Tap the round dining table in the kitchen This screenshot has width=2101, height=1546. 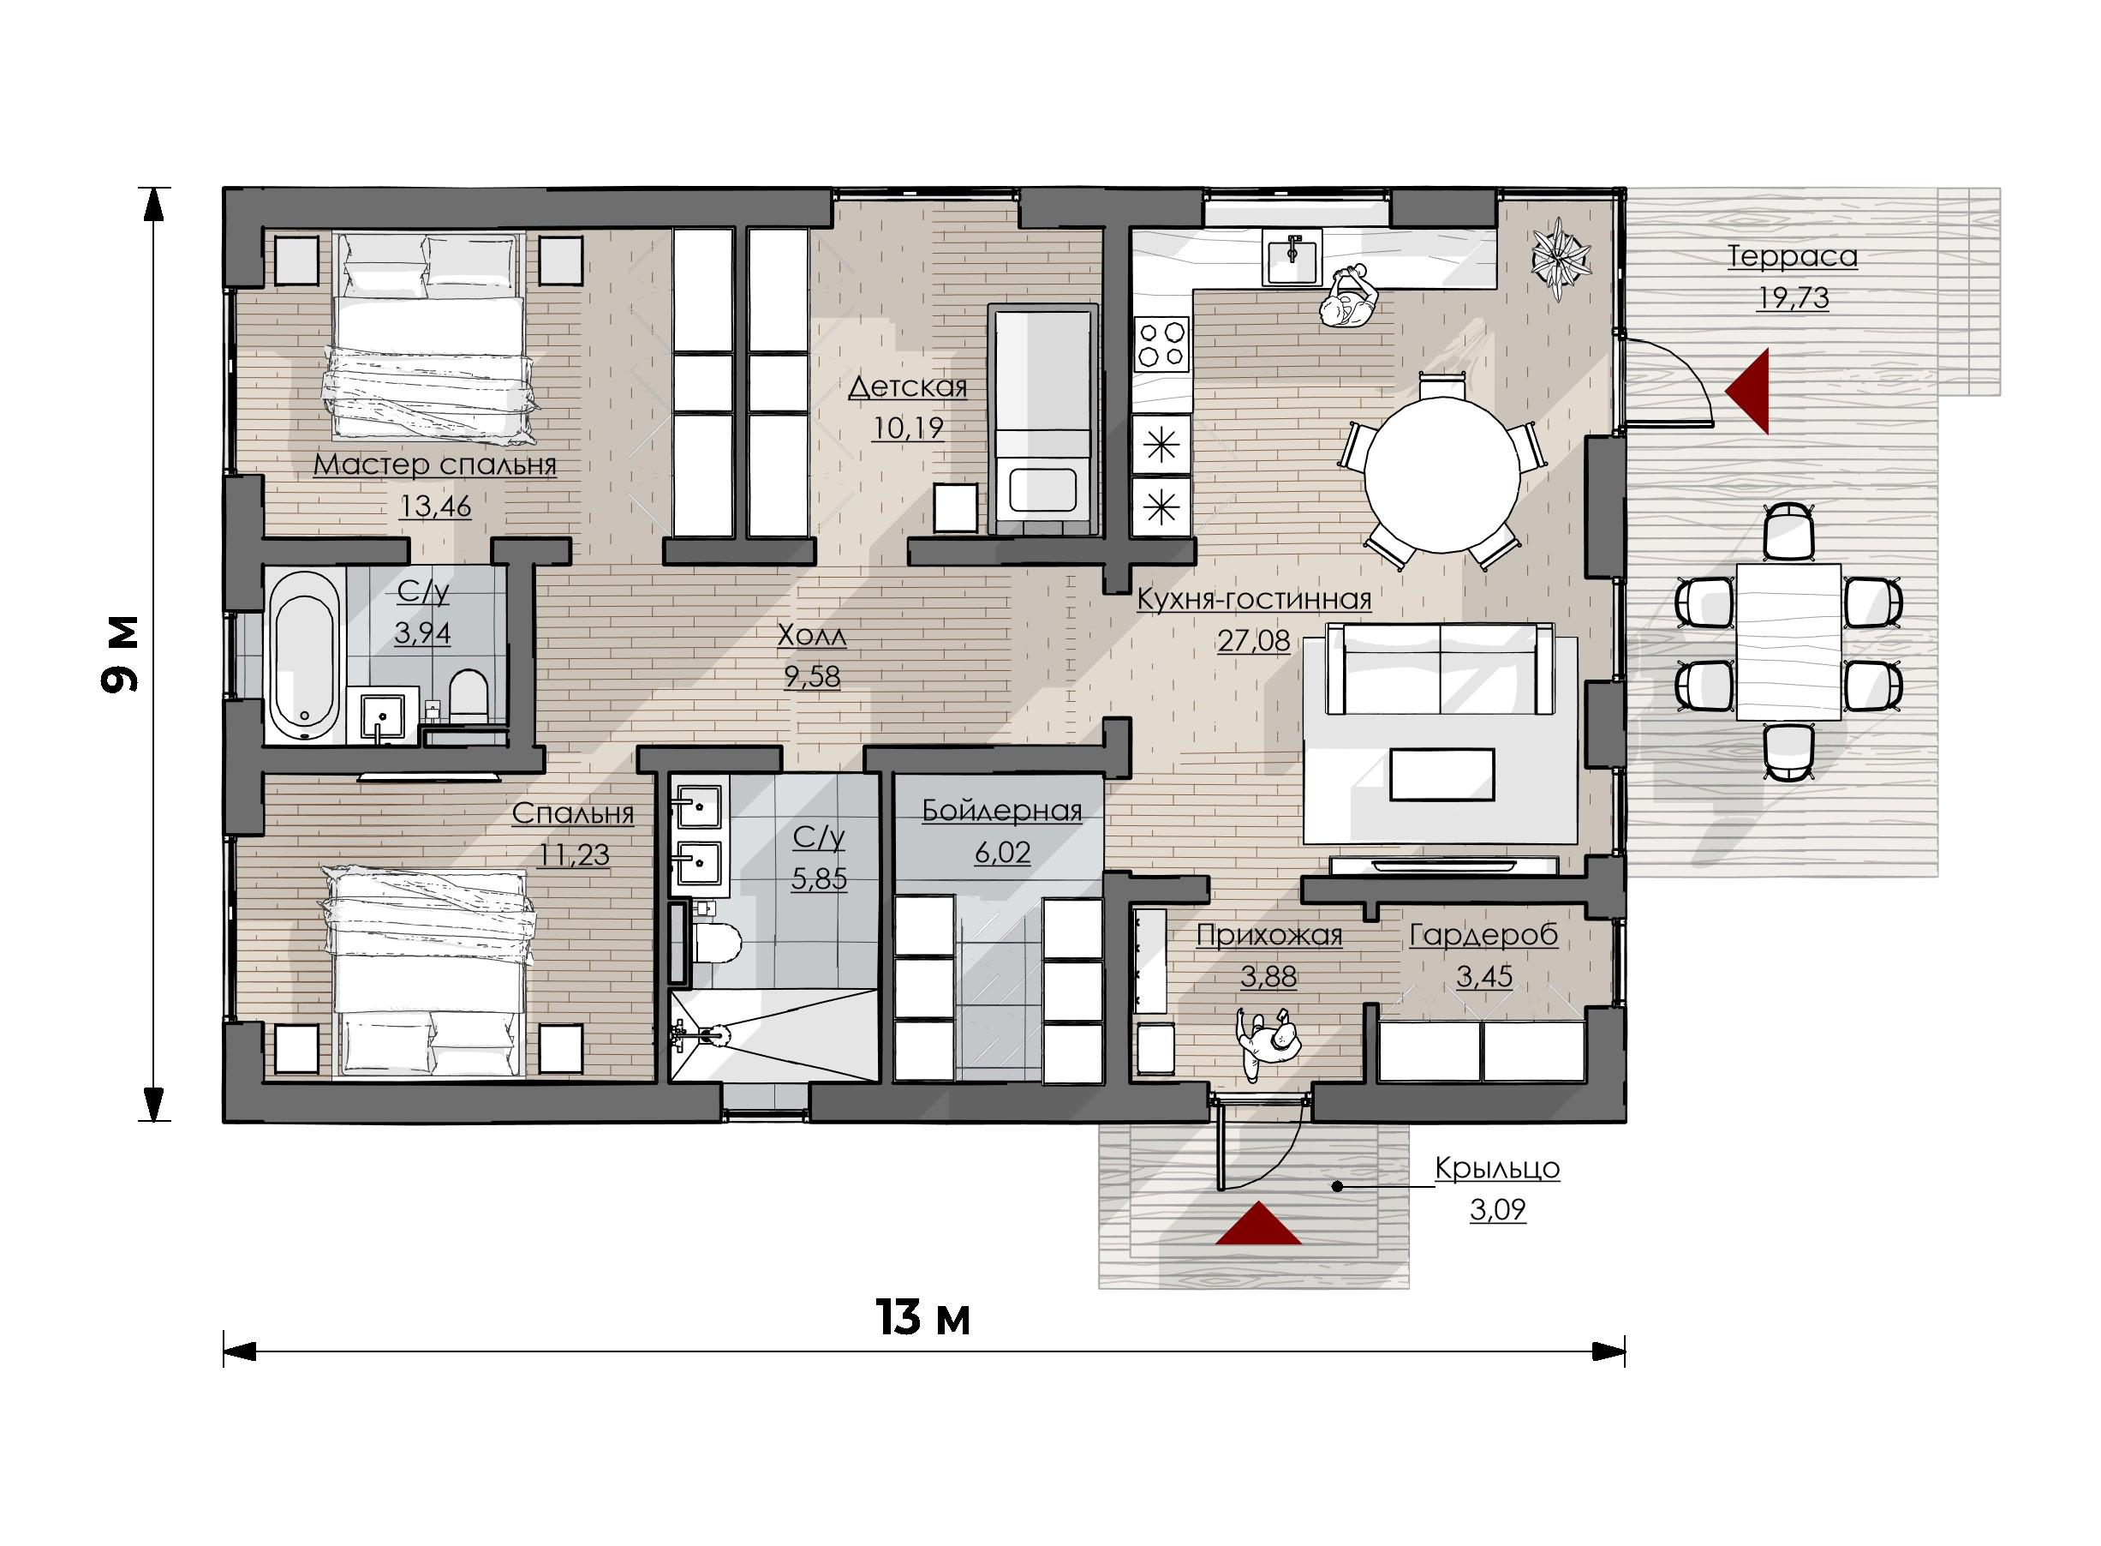click(x=1441, y=475)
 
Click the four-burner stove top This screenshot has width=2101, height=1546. click(x=1161, y=345)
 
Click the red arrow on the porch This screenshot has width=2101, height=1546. click(x=1258, y=1223)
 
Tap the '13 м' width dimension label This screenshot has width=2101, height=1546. click(x=922, y=1318)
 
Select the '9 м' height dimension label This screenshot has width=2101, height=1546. click(x=120, y=654)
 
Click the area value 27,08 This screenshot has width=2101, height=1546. click(x=1252, y=641)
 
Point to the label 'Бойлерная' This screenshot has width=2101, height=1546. click(x=1002, y=811)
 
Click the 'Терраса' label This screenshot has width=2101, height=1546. click(x=1791, y=256)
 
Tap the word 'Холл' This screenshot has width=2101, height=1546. click(x=812, y=635)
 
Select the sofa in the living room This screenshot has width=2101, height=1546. click(x=1439, y=669)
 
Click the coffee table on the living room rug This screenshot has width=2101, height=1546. click(x=1441, y=775)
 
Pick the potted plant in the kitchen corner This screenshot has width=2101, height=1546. click(x=1561, y=257)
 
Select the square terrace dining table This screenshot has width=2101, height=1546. click(x=1788, y=642)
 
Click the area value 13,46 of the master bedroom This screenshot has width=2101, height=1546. click(x=435, y=506)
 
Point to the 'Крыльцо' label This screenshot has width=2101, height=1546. click(x=1496, y=1168)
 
